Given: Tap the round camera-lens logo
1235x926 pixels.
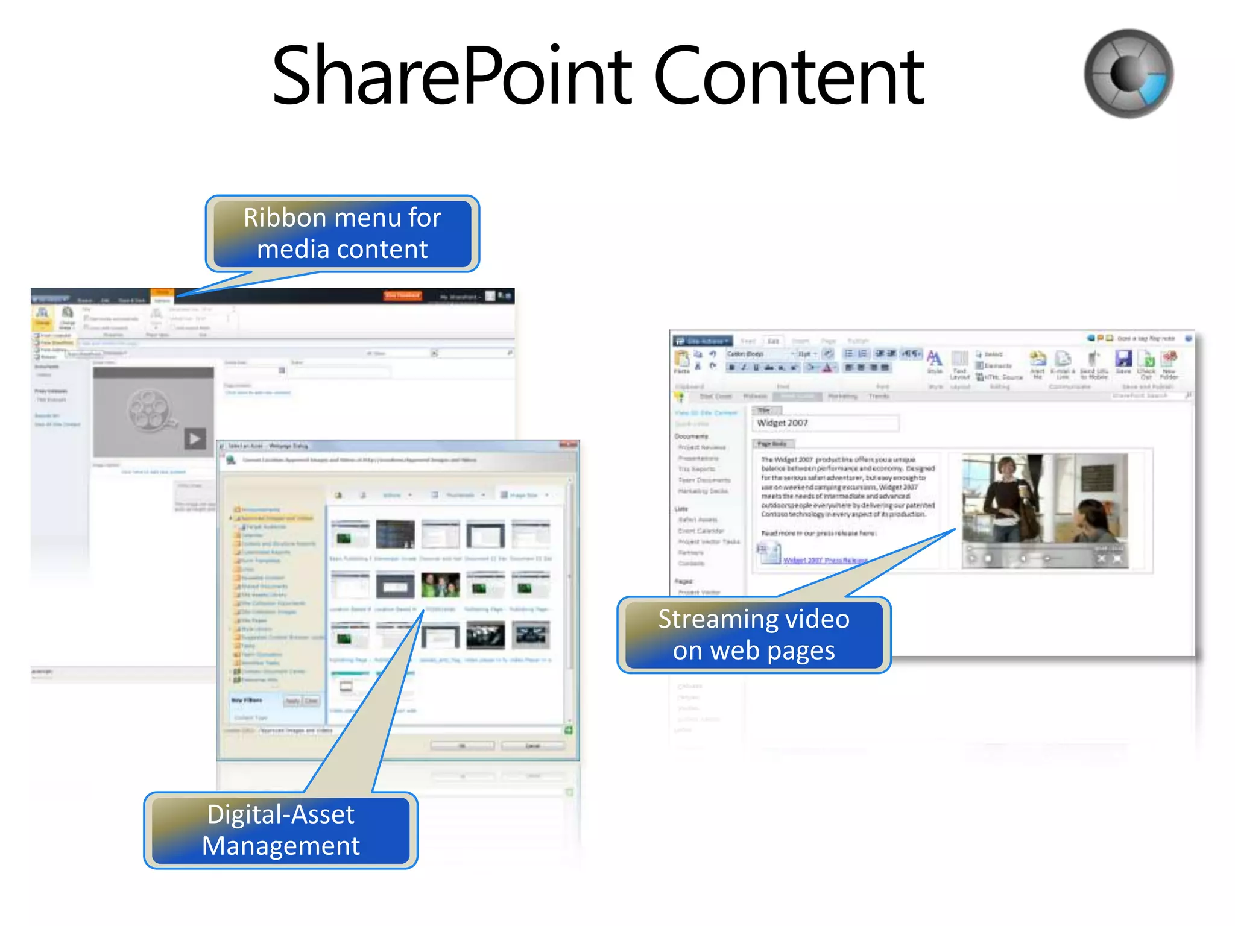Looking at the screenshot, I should [1128, 74].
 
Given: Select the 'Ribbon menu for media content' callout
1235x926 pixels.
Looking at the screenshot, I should [343, 233].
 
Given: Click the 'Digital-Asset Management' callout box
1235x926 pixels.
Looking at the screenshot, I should [281, 830].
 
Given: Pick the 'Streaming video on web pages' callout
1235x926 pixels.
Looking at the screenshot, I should [754, 635].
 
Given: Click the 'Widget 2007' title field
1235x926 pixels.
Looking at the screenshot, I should [825, 423].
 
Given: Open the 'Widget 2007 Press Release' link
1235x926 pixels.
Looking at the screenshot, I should [824, 561].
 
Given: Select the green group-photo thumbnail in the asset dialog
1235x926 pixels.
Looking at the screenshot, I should [440, 585].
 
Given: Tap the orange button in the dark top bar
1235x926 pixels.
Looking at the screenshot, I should [403, 295].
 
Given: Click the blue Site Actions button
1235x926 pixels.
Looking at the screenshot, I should [703, 341].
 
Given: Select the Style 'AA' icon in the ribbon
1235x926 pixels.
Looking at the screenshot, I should [934, 358].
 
